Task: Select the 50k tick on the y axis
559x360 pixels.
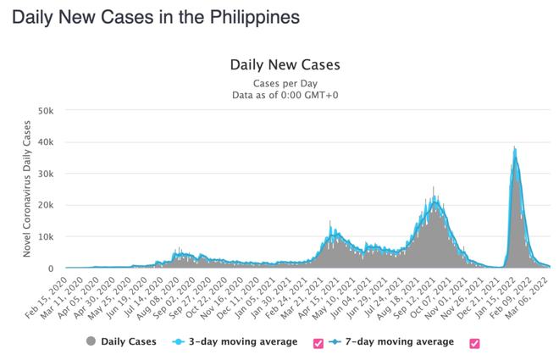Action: coord(45,111)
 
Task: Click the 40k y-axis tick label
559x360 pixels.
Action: coord(45,142)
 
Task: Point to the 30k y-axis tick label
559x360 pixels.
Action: coord(45,174)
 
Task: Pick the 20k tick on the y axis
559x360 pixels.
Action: coord(45,205)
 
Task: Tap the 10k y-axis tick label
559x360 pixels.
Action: coord(45,236)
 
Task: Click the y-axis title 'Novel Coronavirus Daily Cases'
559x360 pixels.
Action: coord(26,189)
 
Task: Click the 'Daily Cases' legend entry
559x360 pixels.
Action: coord(128,342)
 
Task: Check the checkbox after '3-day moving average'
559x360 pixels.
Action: coord(318,343)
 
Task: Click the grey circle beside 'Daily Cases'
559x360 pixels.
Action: coord(91,342)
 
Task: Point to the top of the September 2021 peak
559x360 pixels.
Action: coord(434,187)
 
